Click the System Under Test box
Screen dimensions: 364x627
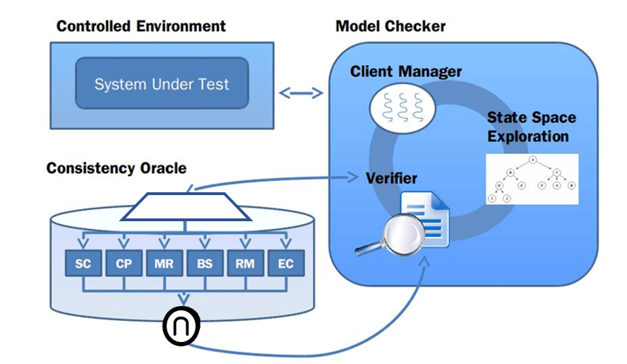162,83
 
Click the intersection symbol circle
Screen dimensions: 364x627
181,325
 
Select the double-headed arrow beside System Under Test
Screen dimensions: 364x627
301,93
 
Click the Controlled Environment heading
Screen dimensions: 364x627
141,27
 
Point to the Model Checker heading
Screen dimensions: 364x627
390,27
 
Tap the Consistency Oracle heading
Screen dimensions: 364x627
117,168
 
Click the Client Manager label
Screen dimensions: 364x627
406,71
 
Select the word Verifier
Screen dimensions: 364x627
391,177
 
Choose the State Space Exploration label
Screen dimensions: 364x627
531,127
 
